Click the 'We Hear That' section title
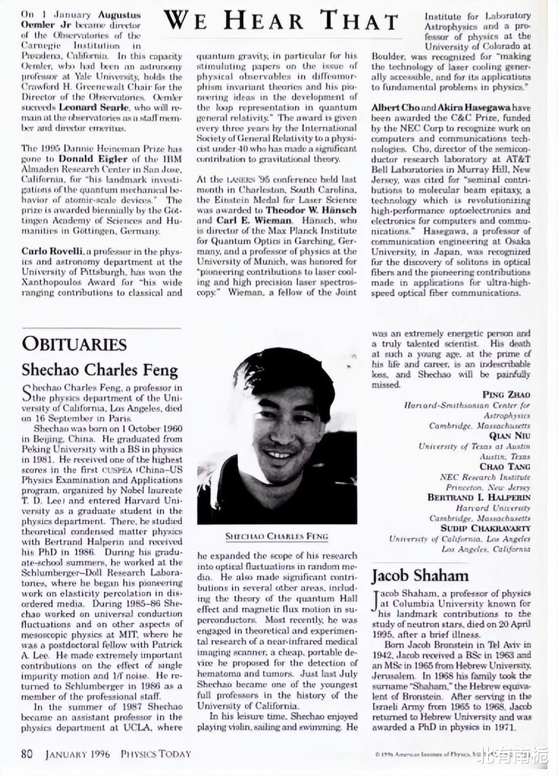point(281,21)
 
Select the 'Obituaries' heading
point(74,344)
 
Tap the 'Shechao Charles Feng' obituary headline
point(100,370)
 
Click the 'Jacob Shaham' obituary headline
point(420,576)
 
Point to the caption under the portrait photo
point(277,536)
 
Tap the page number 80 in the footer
point(27,754)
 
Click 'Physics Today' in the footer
point(155,754)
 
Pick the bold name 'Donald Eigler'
point(93,159)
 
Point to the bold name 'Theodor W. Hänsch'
point(311,210)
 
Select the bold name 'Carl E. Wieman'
point(254,220)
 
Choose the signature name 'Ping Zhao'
point(506,395)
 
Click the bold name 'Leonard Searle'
point(89,108)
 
